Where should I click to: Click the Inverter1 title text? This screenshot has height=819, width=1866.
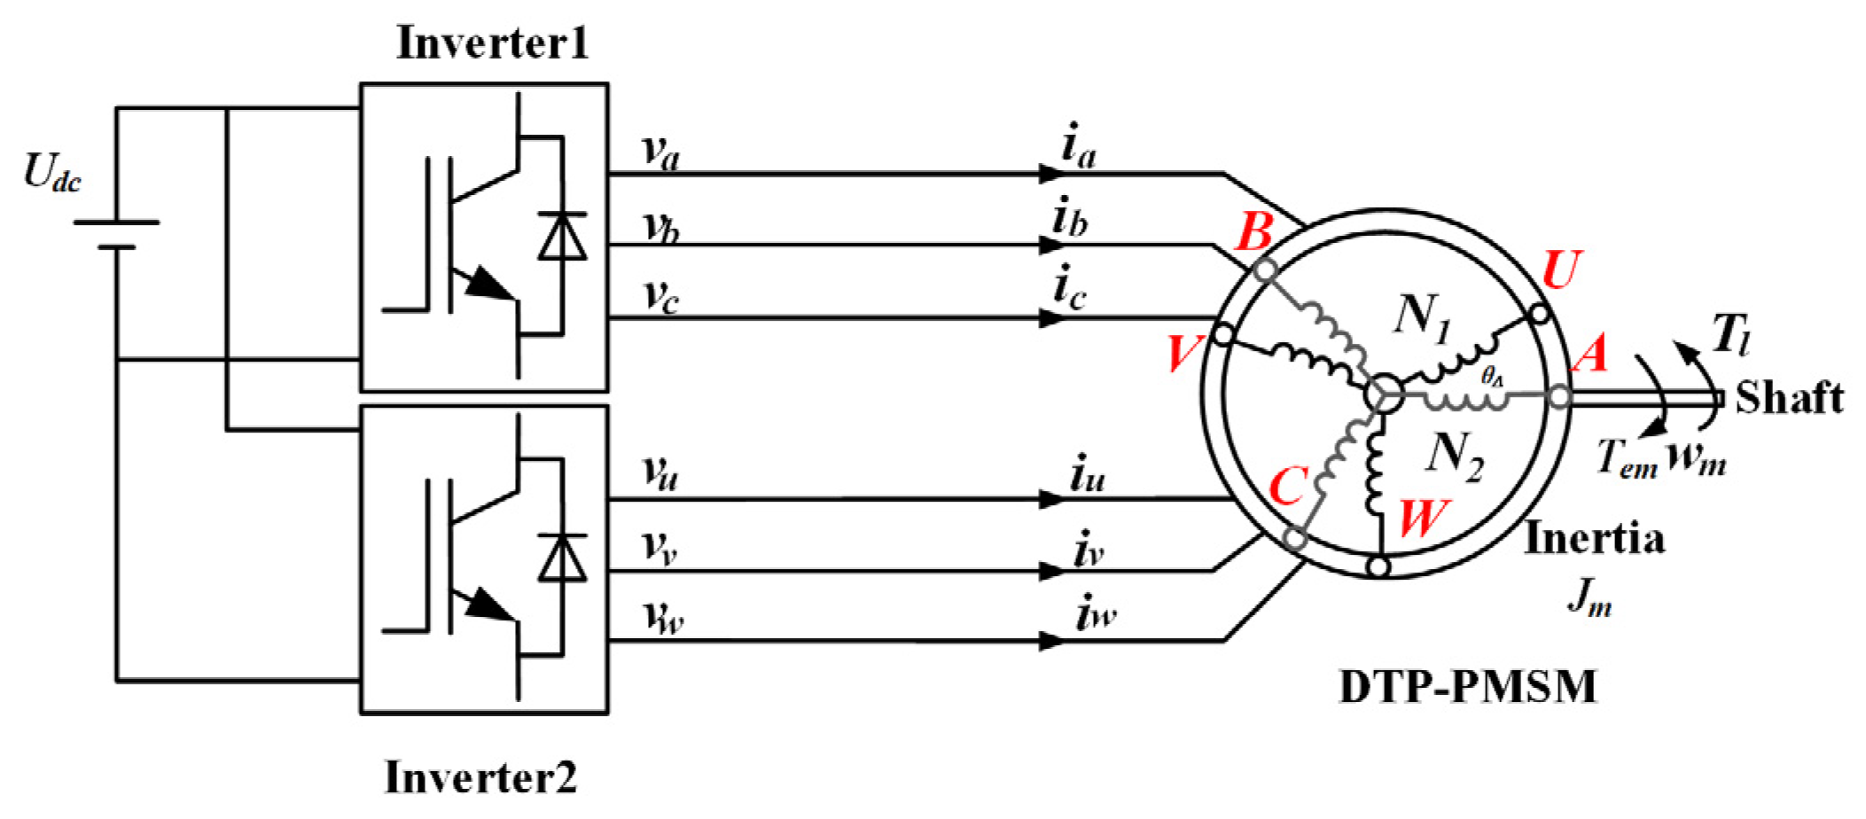(x=492, y=43)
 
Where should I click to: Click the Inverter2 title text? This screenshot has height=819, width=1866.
(x=480, y=777)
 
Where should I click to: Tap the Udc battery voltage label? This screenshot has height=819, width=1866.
(x=52, y=172)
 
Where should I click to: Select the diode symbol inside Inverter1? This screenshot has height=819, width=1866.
(x=562, y=236)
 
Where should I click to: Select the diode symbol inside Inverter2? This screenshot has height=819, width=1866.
(x=562, y=558)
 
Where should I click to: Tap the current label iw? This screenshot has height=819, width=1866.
(x=1095, y=613)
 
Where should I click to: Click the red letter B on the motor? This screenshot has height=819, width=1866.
(x=1254, y=233)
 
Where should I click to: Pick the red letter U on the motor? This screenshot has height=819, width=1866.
(x=1561, y=269)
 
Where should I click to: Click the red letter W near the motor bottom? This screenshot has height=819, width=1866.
(x=1424, y=518)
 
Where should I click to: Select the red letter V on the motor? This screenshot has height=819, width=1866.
(x=1184, y=353)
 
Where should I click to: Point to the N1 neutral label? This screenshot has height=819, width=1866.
(x=1422, y=317)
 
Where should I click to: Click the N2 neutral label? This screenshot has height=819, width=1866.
(x=1454, y=456)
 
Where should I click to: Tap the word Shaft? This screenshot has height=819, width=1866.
(x=1788, y=398)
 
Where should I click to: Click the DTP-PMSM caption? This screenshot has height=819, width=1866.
(x=1467, y=687)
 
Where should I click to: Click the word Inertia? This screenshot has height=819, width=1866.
(x=1593, y=539)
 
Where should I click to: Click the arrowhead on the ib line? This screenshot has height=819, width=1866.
(x=1051, y=246)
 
